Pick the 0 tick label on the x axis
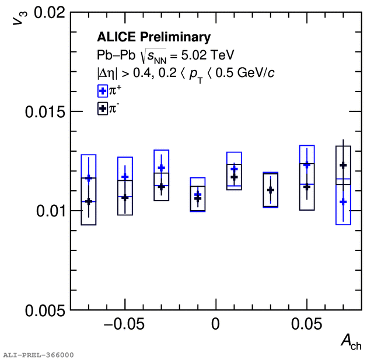click(216, 324)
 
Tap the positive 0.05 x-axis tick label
click(307, 324)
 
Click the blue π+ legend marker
click(102, 91)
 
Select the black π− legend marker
click(102, 109)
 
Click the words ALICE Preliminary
click(153, 38)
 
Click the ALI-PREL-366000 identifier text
click(38, 355)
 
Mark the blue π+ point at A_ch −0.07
click(89, 178)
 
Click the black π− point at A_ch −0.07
click(89, 201)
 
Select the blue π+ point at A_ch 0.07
click(343, 202)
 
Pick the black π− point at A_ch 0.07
click(343, 166)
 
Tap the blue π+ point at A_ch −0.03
click(162, 168)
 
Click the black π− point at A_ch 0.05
click(307, 187)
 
